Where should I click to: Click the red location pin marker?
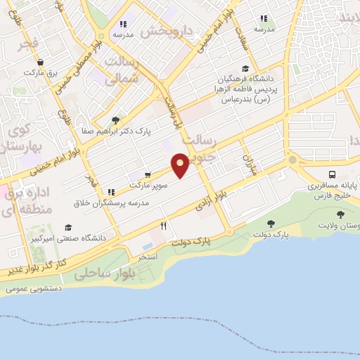point(181,164)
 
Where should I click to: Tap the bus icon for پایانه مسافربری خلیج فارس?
point(331,174)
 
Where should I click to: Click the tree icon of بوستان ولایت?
point(341,214)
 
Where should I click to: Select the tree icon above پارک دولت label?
point(271,224)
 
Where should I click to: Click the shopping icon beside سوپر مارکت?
point(148,174)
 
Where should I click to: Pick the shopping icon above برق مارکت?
point(40,62)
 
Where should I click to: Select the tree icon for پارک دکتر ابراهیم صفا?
point(115,120)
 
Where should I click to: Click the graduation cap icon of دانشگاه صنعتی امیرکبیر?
point(68,227)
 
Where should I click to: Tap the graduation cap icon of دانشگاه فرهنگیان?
point(245,68)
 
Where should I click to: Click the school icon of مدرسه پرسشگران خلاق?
point(110,191)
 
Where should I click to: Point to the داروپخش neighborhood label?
point(167,31)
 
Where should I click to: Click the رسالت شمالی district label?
point(123,70)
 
